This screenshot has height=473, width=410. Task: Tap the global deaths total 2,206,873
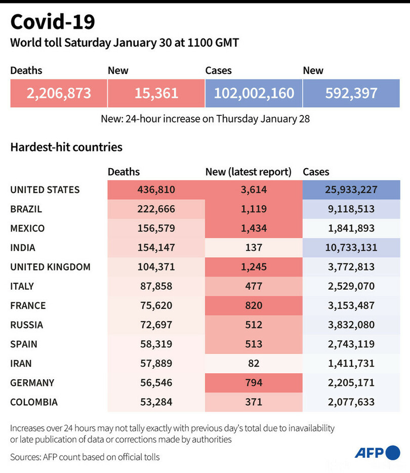(59, 93)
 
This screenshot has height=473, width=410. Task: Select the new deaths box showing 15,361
(156, 93)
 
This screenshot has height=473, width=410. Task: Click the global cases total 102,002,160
(254, 93)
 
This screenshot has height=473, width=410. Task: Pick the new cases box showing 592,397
(351, 93)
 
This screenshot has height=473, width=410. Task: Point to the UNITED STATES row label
(45, 190)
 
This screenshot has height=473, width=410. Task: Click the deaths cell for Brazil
(156, 209)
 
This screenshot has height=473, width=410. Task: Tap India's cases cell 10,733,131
(351, 248)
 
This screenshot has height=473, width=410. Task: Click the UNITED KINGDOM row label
(50, 267)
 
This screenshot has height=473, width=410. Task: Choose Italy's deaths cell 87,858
(156, 286)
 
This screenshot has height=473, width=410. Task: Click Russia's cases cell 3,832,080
(351, 325)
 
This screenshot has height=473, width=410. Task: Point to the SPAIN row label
(24, 344)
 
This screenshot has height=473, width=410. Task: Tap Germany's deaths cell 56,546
(156, 383)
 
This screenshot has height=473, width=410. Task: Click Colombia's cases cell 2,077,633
(351, 402)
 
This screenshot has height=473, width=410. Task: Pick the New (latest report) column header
(248, 172)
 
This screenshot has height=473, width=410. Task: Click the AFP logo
(377, 453)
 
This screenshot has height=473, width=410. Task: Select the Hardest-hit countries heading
(66, 147)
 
